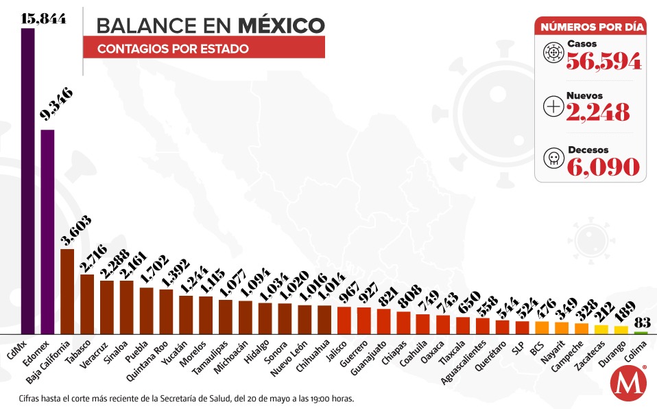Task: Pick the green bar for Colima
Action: (x=640, y=332)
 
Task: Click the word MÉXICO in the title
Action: (x=281, y=25)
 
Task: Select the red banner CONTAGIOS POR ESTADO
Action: (x=204, y=49)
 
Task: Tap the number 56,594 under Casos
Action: (x=604, y=62)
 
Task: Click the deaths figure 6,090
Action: (x=603, y=166)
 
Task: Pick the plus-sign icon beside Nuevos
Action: (x=552, y=106)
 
